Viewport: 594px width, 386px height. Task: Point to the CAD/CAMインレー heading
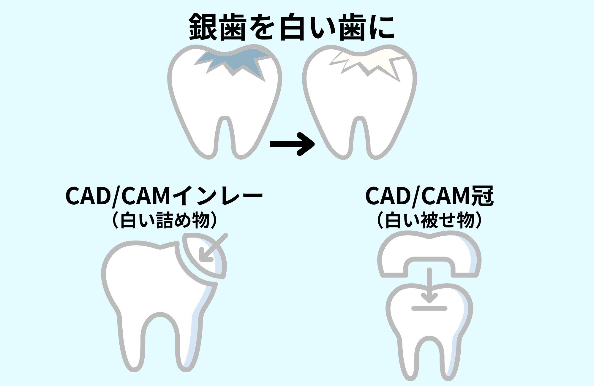click(x=164, y=196)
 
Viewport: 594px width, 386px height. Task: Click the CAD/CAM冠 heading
click(x=429, y=196)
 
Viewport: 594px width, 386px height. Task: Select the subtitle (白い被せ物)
click(x=429, y=220)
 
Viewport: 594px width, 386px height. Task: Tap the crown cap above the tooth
click(x=429, y=249)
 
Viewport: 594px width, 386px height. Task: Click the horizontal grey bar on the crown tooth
click(x=429, y=309)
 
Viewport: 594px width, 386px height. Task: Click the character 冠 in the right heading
click(x=482, y=196)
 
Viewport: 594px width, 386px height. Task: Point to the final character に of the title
click(x=382, y=27)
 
